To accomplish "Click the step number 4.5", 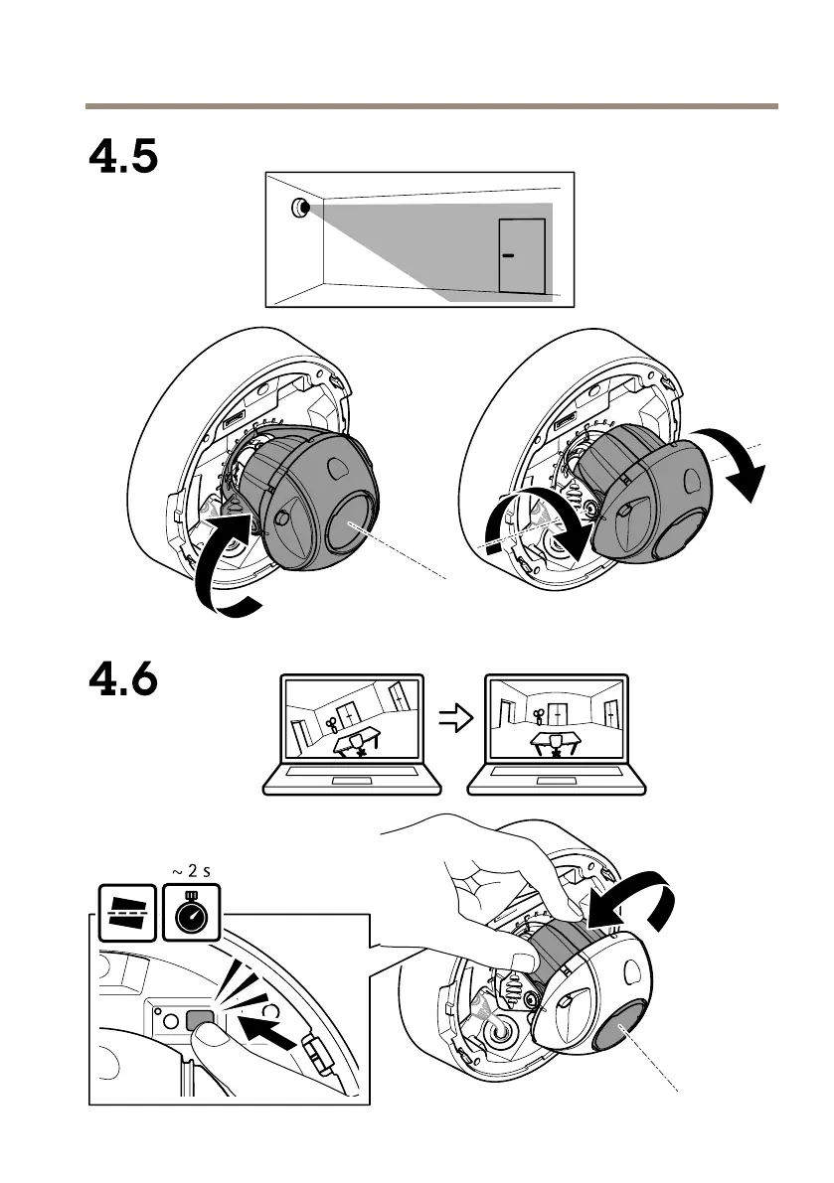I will point(123,157).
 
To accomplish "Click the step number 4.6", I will point(123,680).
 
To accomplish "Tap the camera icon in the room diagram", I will point(300,209).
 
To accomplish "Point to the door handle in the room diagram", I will point(509,255).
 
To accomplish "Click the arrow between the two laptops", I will point(453,722).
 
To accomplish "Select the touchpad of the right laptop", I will point(557,782).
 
